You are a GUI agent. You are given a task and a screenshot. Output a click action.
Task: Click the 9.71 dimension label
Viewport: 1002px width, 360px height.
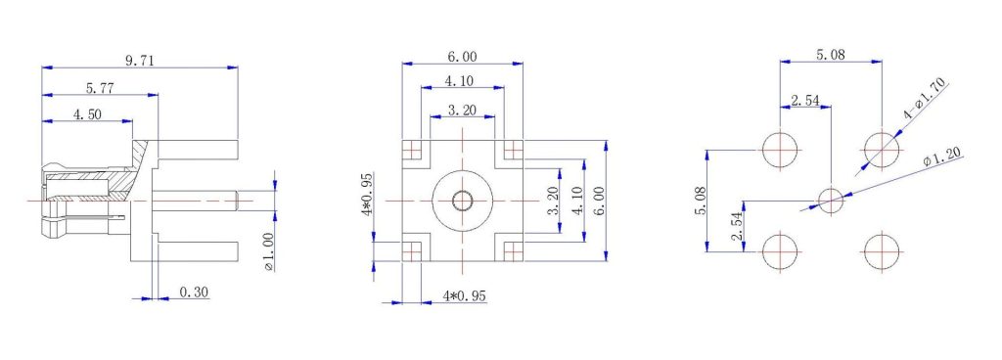click(139, 61)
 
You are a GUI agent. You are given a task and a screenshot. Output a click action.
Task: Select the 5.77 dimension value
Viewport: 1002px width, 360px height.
click(98, 88)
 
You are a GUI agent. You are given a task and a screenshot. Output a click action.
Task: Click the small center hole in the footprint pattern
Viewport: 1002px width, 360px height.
click(830, 201)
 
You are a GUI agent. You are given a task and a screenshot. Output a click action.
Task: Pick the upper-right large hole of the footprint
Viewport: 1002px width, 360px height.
click(881, 150)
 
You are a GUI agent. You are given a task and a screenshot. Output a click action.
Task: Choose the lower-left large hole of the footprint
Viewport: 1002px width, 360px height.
click(780, 251)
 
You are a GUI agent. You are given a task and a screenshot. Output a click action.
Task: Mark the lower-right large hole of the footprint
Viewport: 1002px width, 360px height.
click(881, 251)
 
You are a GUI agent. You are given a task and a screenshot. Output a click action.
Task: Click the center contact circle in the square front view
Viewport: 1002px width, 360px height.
click(462, 201)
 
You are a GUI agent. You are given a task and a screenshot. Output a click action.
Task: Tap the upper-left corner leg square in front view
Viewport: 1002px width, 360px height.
click(413, 151)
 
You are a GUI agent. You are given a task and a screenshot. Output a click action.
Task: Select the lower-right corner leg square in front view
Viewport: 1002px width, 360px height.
click(512, 250)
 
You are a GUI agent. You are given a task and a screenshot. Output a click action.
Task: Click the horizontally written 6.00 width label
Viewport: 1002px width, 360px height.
click(463, 58)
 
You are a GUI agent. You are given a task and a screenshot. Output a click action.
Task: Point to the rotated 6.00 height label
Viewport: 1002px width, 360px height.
click(599, 202)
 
